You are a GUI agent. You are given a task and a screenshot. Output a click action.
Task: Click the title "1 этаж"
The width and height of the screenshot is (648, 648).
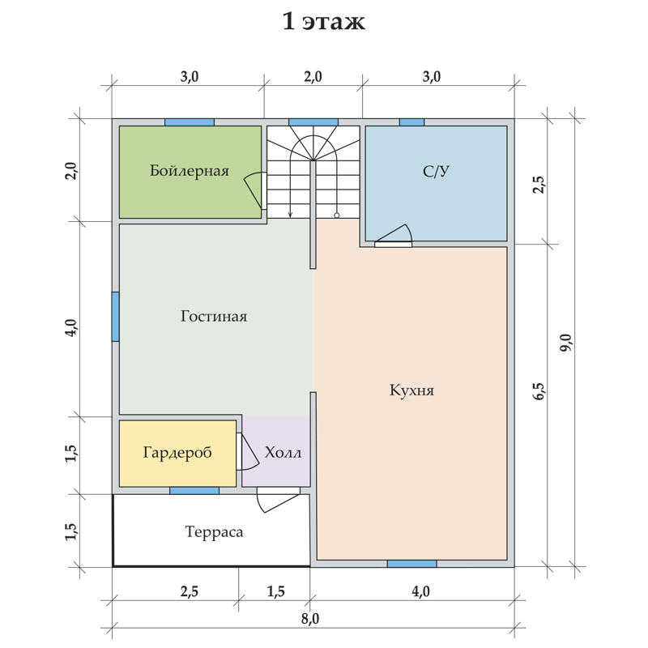pos(323,22)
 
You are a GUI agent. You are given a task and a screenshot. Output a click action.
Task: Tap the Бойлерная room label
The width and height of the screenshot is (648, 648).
pos(190,171)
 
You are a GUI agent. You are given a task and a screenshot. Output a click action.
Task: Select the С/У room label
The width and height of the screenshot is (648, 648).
pos(436,171)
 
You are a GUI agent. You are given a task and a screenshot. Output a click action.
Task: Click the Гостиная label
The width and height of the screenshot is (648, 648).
pos(214,316)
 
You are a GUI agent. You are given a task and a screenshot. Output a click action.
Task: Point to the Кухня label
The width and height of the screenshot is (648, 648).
pos(411,390)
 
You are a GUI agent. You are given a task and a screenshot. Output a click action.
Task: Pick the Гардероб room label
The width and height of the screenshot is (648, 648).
pos(177,453)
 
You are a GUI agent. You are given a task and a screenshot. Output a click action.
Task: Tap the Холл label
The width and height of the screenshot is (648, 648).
pos(283,453)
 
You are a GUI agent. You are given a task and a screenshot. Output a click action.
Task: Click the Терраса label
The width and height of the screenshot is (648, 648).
pos(214,532)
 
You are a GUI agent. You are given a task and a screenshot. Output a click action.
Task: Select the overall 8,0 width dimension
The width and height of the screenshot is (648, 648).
pos(310,619)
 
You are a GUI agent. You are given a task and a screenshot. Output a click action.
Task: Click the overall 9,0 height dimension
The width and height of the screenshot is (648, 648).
pos(565,343)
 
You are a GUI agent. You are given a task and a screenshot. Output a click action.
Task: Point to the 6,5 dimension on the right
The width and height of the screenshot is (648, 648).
pos(539,391)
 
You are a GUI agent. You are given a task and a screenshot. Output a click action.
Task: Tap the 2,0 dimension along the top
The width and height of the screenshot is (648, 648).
pos(313,77)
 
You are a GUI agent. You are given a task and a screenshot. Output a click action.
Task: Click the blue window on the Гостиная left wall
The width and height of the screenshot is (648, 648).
pos(116,317)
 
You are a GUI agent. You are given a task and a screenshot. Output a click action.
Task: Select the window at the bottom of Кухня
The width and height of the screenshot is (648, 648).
pos(411,564)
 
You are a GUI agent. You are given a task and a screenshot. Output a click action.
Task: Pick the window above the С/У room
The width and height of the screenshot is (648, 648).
pos(411,122)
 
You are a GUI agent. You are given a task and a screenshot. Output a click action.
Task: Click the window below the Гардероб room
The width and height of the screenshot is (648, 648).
pos(194,491)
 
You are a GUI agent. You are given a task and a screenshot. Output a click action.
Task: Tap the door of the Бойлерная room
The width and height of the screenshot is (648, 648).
pos(253,190)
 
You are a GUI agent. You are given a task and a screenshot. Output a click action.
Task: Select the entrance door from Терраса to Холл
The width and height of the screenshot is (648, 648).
pos(278,499)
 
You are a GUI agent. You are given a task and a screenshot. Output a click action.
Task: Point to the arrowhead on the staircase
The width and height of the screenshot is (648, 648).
pos(291,214)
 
